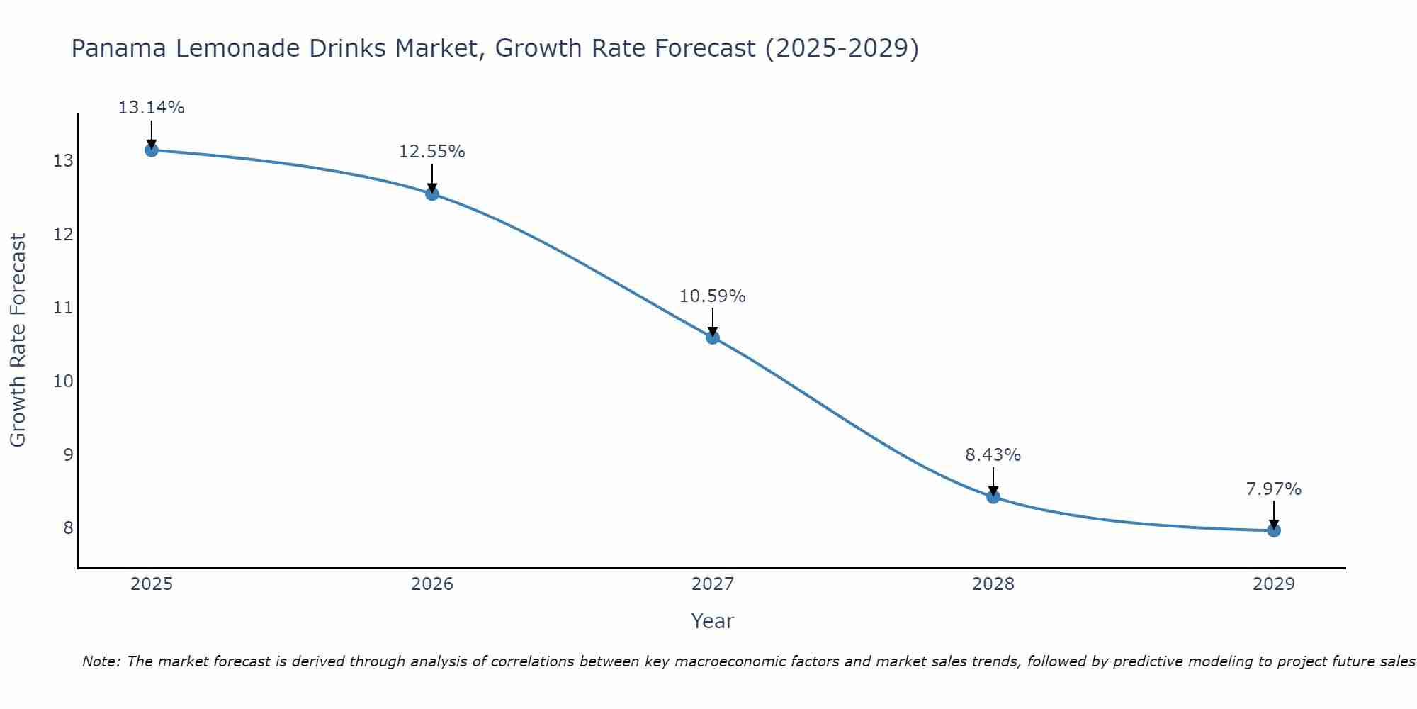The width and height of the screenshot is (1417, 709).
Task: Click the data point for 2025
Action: pos(151,150)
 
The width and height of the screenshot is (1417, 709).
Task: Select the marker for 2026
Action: pos(432,194)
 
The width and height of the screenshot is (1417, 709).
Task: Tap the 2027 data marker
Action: pos(713,337)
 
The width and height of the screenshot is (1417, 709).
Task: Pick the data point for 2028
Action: pos(993,496)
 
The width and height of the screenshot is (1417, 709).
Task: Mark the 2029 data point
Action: pos(1274,530)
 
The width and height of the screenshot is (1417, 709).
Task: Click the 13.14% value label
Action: pos(151,108)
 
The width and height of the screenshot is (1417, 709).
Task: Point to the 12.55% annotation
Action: pos(431,152)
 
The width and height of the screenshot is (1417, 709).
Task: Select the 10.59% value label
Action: pos(712,296)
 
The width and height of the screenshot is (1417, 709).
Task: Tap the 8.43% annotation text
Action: pos(993,455)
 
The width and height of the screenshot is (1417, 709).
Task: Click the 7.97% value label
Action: pos(1273,489)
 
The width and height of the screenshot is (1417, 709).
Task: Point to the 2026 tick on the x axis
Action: pos(432,584)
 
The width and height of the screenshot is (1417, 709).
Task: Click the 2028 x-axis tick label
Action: pos(993,584)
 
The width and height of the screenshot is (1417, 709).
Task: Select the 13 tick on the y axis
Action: pos(63,161)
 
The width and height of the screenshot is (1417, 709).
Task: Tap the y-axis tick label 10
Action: pos(63,381)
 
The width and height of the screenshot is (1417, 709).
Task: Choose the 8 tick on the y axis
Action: pos(68,528)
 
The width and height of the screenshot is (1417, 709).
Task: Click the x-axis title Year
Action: pos(712,621)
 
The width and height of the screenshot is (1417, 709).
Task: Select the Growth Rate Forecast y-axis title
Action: pos(18,340)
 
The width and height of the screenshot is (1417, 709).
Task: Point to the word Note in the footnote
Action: pos(101,661)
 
